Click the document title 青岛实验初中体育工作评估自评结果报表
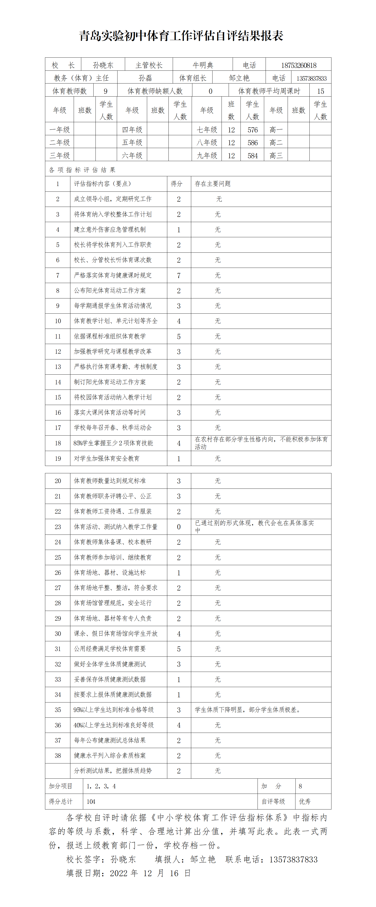(181, 36)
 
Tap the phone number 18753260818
(298, 65)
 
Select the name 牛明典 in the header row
(203, 65)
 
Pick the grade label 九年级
(207, 155)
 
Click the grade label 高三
(276, 155)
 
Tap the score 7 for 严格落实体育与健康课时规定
(179, 275)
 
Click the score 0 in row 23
(179, 527)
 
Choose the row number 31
(58, 649)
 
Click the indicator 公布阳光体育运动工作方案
(109, 290)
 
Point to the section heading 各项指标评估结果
(82, 170)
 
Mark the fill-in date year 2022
(119, 873)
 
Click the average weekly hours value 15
(320, 91)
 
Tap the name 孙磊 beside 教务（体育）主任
(145, 78)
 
